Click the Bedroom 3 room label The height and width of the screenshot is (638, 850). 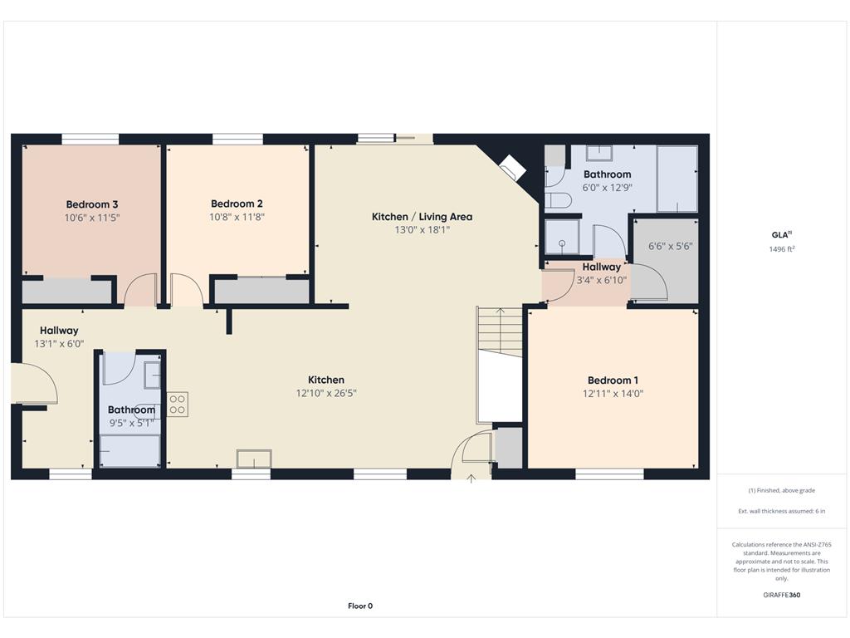(91, 204)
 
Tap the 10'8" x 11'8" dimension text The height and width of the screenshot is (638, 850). (237, 217)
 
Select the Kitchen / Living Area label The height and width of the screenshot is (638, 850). (422, 217)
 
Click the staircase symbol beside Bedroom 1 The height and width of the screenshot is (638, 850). (500, 332)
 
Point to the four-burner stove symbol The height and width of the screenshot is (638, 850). (178, 405)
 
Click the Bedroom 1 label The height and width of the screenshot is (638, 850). (613, 380)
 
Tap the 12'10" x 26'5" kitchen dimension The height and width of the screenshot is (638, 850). (325, 393)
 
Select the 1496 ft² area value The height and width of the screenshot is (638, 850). (782, 249)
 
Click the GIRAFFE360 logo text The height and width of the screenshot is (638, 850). (782, 595)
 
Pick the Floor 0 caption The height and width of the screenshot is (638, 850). (360, 606)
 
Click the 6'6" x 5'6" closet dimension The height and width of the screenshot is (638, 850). (670, 246)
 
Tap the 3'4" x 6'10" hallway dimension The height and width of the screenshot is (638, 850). (601, 281)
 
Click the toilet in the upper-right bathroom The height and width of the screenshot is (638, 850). (558, 200)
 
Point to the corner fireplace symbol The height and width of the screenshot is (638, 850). (510, 169)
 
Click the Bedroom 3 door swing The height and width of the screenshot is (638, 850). (139, 292)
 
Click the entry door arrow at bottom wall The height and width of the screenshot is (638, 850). (471, 477)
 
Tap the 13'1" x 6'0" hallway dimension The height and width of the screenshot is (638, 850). (59, 343)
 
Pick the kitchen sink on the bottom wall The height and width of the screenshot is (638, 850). (254, 459)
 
